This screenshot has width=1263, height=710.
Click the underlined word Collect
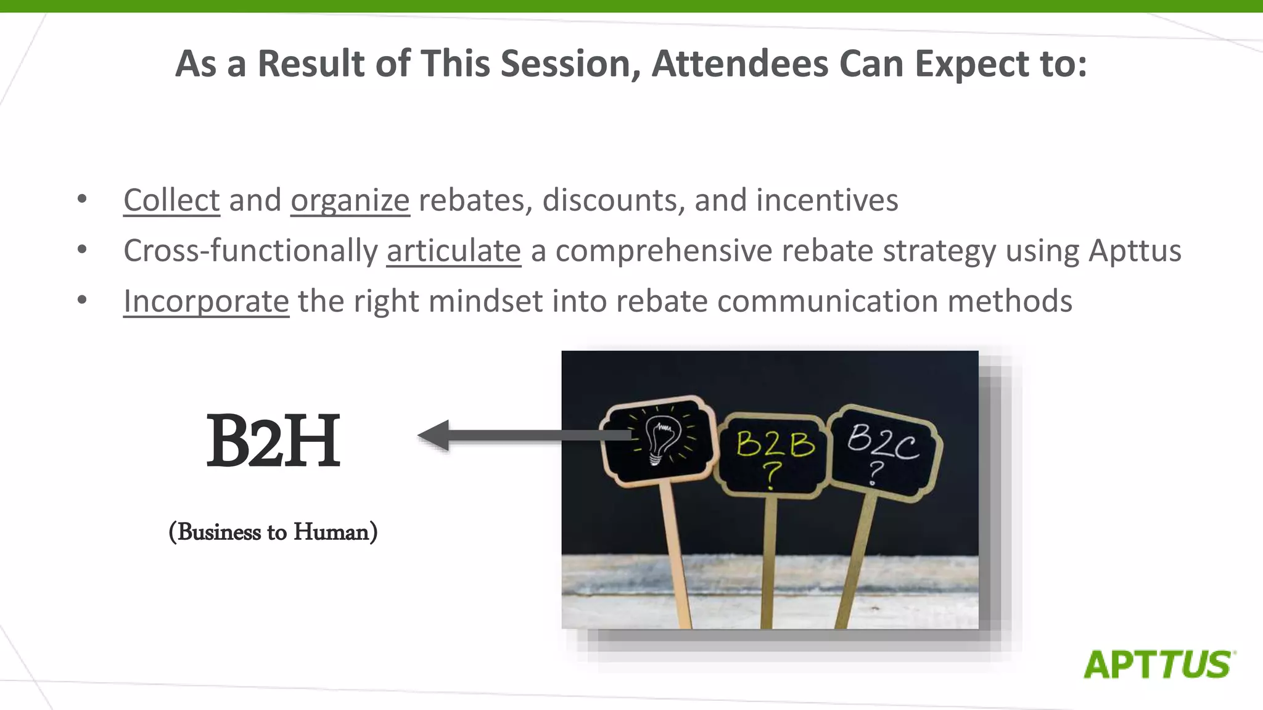point(171,200)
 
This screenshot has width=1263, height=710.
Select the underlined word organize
point(350,200)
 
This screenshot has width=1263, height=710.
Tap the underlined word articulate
point(453,251)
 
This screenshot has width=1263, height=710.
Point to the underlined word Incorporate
point(206,301)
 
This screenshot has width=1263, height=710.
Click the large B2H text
point(273,440)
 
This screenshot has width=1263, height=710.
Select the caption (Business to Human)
point(273,531)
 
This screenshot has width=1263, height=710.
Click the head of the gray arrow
point(434,435)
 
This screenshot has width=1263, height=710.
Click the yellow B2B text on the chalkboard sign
point(775,444)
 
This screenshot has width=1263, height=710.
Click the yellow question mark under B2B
point(771,475)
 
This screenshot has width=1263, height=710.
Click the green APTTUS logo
point(1158,664)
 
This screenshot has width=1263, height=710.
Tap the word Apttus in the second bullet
point(1135,251)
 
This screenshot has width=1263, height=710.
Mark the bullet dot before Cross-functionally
point(82,250)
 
